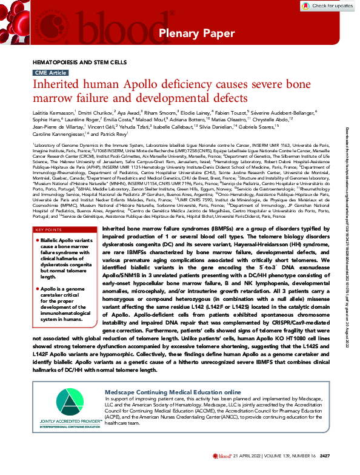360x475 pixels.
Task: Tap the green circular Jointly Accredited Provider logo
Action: click(73, 401)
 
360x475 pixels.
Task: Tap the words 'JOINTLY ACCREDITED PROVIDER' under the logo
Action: click(72, 420)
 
